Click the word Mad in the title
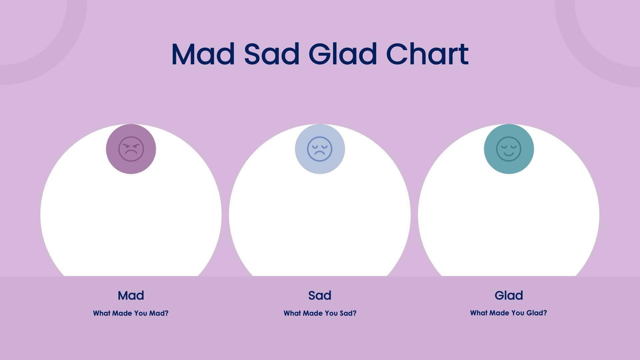pos(203,54)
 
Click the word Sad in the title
pos(272,54)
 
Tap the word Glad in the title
pos(343,54)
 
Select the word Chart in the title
pos(427,54)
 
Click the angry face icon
pos(131,149)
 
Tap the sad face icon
pos(320,149)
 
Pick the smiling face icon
pos(509,149)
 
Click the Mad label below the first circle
pos(131,295)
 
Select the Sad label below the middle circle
pos(320,295)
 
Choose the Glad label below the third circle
pos(509,295)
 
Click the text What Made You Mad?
pos(131,313)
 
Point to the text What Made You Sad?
pos(320,313)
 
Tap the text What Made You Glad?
pos(508,313)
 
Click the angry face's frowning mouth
pos(131,153)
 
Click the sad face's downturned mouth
pos(320,153)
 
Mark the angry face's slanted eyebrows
pos(131,145)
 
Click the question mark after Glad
pos(545,313)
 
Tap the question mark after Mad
pos(167,313)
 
